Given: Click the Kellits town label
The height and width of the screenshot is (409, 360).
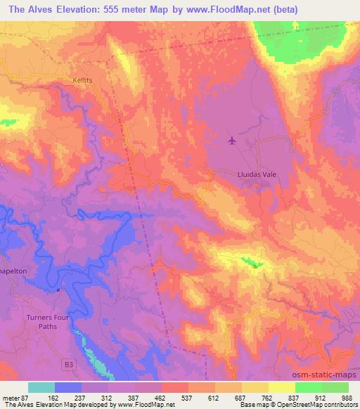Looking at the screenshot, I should [x=82, y=81].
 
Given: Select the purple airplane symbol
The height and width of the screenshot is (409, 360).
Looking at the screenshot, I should [x=232, y=141].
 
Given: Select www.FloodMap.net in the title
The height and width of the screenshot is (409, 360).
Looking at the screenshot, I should [x=230, y=10].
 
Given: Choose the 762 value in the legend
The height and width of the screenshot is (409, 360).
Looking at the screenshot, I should [x=268, y=397].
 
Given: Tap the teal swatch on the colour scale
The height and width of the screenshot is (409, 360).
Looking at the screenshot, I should [x=41, y=387].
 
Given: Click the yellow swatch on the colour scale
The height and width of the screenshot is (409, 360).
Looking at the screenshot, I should [x=282, y=387].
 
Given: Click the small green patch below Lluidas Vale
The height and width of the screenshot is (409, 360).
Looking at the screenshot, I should [x=251, y=264].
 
